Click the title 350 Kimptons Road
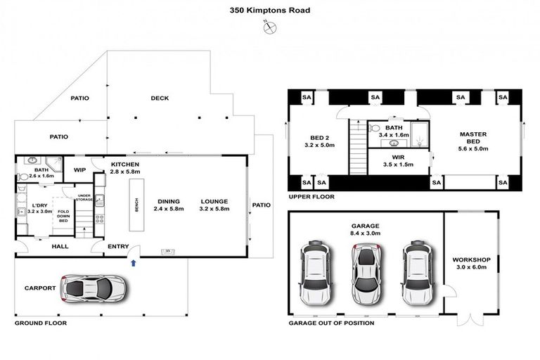270,11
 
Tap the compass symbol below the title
270,27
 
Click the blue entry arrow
134,264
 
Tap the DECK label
160,98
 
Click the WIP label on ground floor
79,169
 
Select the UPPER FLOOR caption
310,197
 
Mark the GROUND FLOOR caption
41,323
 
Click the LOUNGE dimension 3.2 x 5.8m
214,209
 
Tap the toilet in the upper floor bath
373,129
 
